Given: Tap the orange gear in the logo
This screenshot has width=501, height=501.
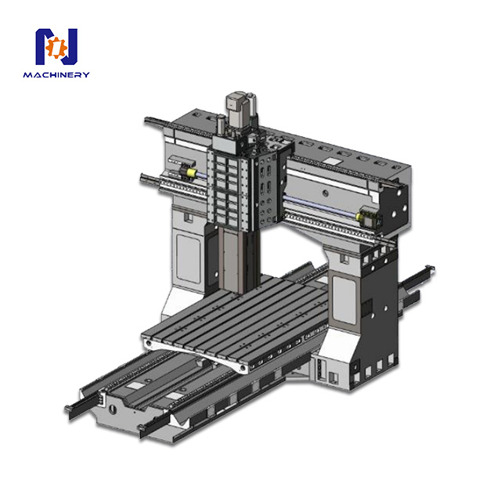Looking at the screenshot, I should [55, 49].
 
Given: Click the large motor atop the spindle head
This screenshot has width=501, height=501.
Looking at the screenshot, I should [237, 106].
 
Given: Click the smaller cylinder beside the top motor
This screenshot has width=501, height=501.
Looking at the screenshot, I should [222, 124].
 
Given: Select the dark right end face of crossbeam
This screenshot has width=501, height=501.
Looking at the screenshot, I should [395, 204].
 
